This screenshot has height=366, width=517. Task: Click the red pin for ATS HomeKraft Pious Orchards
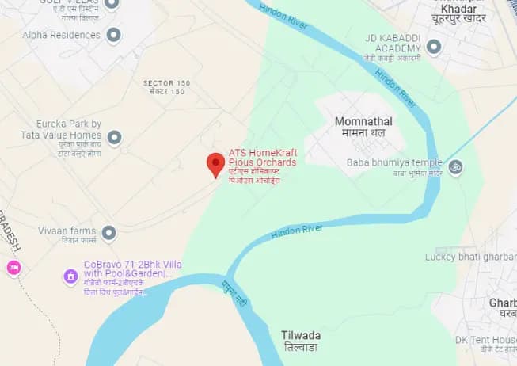coord(215,164)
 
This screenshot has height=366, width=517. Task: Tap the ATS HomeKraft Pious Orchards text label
coord(261,158)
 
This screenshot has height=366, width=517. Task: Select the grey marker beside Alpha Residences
coord(113,35)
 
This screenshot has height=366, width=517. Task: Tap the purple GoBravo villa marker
coord(70,276)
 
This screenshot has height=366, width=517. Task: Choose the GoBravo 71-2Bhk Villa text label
coord(128,269)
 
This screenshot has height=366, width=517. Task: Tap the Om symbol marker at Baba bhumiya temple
coord(455,167)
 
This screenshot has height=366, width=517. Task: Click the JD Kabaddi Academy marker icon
coord(433,47)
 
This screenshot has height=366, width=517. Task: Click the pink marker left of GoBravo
coord(13,268)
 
